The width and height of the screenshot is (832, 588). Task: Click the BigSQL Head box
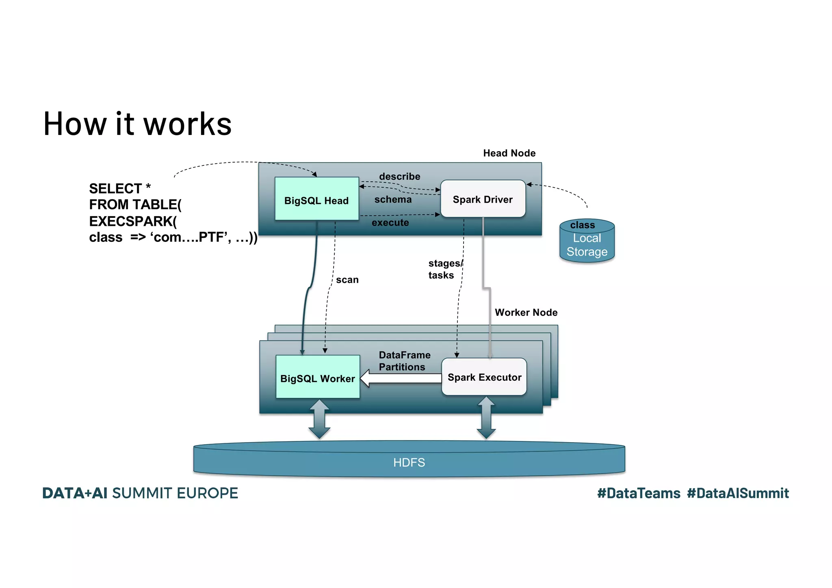(x=316, y=199)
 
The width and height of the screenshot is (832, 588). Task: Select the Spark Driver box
(x=483, y=199)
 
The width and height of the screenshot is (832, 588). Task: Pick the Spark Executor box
(x=484, y=377)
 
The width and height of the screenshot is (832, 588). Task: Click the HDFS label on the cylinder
(x=409, y=462)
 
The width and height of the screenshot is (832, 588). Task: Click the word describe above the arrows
(x=399, y=176)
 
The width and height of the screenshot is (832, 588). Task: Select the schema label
(x=393, y=200)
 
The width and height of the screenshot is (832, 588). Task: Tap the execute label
(x=390, y=223)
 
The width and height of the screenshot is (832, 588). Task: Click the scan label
(x=347, y=280)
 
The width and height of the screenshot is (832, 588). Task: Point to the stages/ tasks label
(x=444, y=269)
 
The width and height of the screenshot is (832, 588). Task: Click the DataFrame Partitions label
(x=404, y=361)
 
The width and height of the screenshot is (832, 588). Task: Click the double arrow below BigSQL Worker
(x=319, y=419)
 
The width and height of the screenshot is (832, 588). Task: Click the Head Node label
(x=509, y=153)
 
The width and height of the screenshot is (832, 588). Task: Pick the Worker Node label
(x=526, y=312)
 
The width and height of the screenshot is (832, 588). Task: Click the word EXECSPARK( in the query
(x=133, y=221)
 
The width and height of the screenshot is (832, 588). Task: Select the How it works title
(x=137, y=124)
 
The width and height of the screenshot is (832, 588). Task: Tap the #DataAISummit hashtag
(x=737, y=493)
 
